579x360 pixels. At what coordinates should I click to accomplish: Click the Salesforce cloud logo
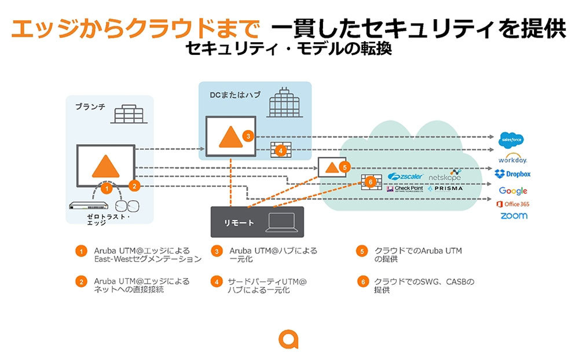[x=512, y=140]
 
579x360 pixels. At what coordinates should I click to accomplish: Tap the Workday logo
[x=512, y=159]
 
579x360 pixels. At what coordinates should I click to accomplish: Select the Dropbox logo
[x=512, y=174]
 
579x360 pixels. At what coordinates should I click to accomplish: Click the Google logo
[x=513, y=190]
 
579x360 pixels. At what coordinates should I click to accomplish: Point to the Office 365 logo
[x=512, y=204]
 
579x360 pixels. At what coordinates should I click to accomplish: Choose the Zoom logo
[x=514, y=216]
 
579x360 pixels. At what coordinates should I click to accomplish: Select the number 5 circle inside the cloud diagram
[x=344, y=167]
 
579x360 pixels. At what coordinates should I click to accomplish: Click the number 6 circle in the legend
[x=362, y=282]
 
